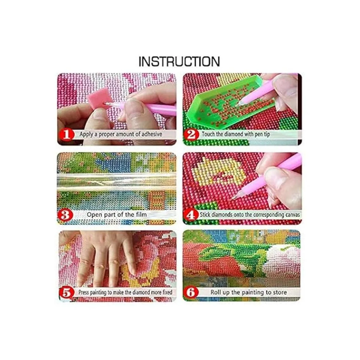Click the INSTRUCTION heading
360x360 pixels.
[179, 61]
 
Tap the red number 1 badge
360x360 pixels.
[66, 135]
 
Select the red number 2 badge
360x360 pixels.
[191, 135]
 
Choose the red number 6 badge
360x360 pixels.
[191, 292]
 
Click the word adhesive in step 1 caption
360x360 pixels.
[151, 134]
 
